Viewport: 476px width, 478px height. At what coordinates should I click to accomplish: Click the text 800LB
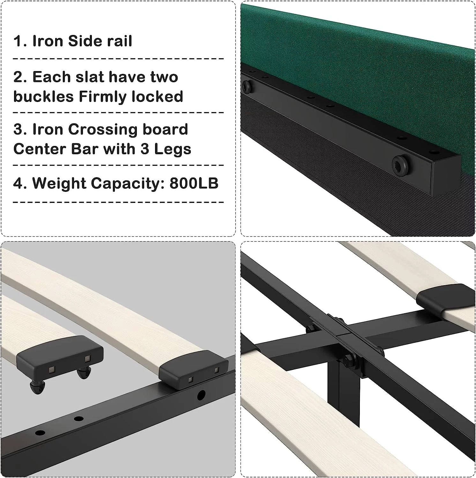(x=194, y=183)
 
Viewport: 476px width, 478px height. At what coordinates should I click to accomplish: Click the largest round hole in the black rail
(x=202, y=395)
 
